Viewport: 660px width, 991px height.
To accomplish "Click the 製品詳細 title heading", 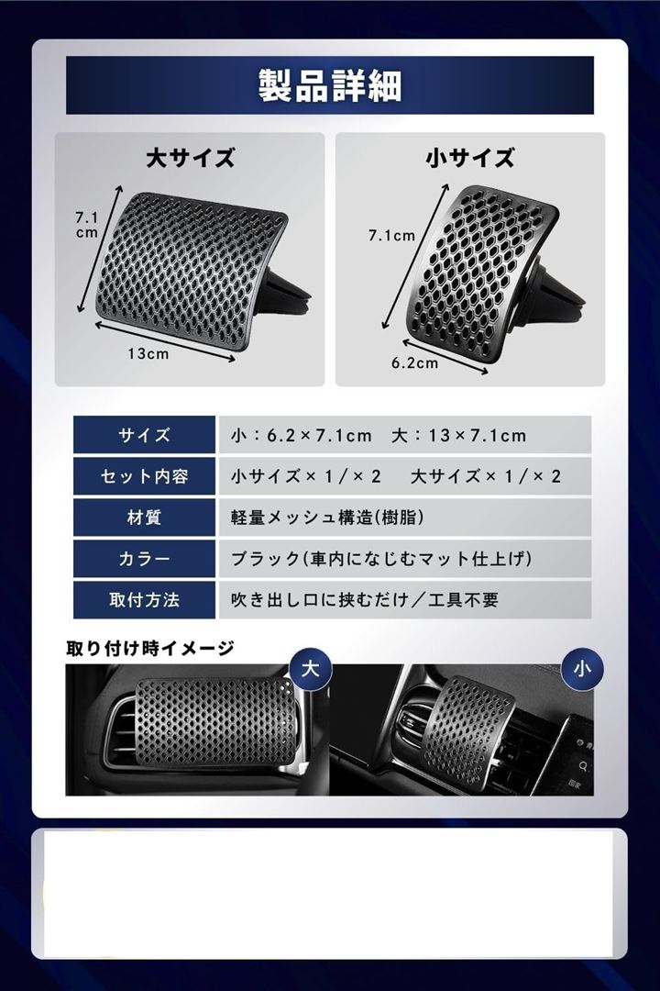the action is tap(330, 85).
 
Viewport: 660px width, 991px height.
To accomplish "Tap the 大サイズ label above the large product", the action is tap(190, 158).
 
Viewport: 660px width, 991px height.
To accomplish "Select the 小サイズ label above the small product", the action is tap(470, 158).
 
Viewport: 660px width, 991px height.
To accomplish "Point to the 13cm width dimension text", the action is tap(148, 353).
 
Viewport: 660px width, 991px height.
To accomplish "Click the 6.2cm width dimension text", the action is tap(414, 362).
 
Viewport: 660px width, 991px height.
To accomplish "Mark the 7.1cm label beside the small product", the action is tap(391, 236).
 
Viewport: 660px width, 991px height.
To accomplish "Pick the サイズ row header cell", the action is tap(144, 435).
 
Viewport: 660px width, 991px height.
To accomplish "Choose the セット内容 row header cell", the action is tap(144, 476).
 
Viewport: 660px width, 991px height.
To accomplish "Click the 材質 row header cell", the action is tap(144, 518).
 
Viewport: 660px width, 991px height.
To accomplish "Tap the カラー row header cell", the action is tap(144, 559).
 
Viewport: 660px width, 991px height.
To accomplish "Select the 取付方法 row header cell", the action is tap(144, 600).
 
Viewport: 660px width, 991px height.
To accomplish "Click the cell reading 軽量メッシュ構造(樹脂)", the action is tap(405, 518).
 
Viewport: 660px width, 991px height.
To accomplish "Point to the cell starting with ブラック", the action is tap(405, 559).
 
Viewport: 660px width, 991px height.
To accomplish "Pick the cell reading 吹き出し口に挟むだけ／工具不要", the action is tap(405, 600).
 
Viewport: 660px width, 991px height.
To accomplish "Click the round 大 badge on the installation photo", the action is tap(310, 669).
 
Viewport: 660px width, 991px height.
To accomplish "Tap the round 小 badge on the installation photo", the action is tap(582, 669).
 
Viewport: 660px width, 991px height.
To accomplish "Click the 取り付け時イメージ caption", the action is tap(149, 648).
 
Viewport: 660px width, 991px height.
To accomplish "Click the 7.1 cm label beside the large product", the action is tap(87, 225).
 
